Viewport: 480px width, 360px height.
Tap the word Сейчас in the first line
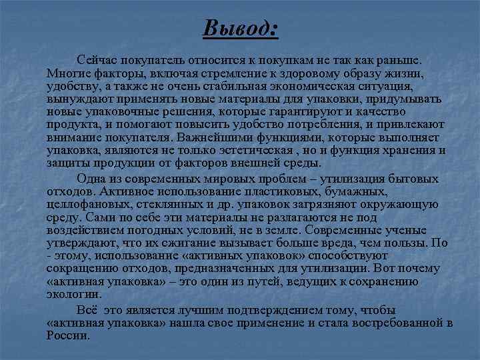tap(97, 60)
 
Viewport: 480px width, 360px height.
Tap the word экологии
tap(75, 294)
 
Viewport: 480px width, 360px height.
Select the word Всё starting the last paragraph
tap(87, 310)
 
